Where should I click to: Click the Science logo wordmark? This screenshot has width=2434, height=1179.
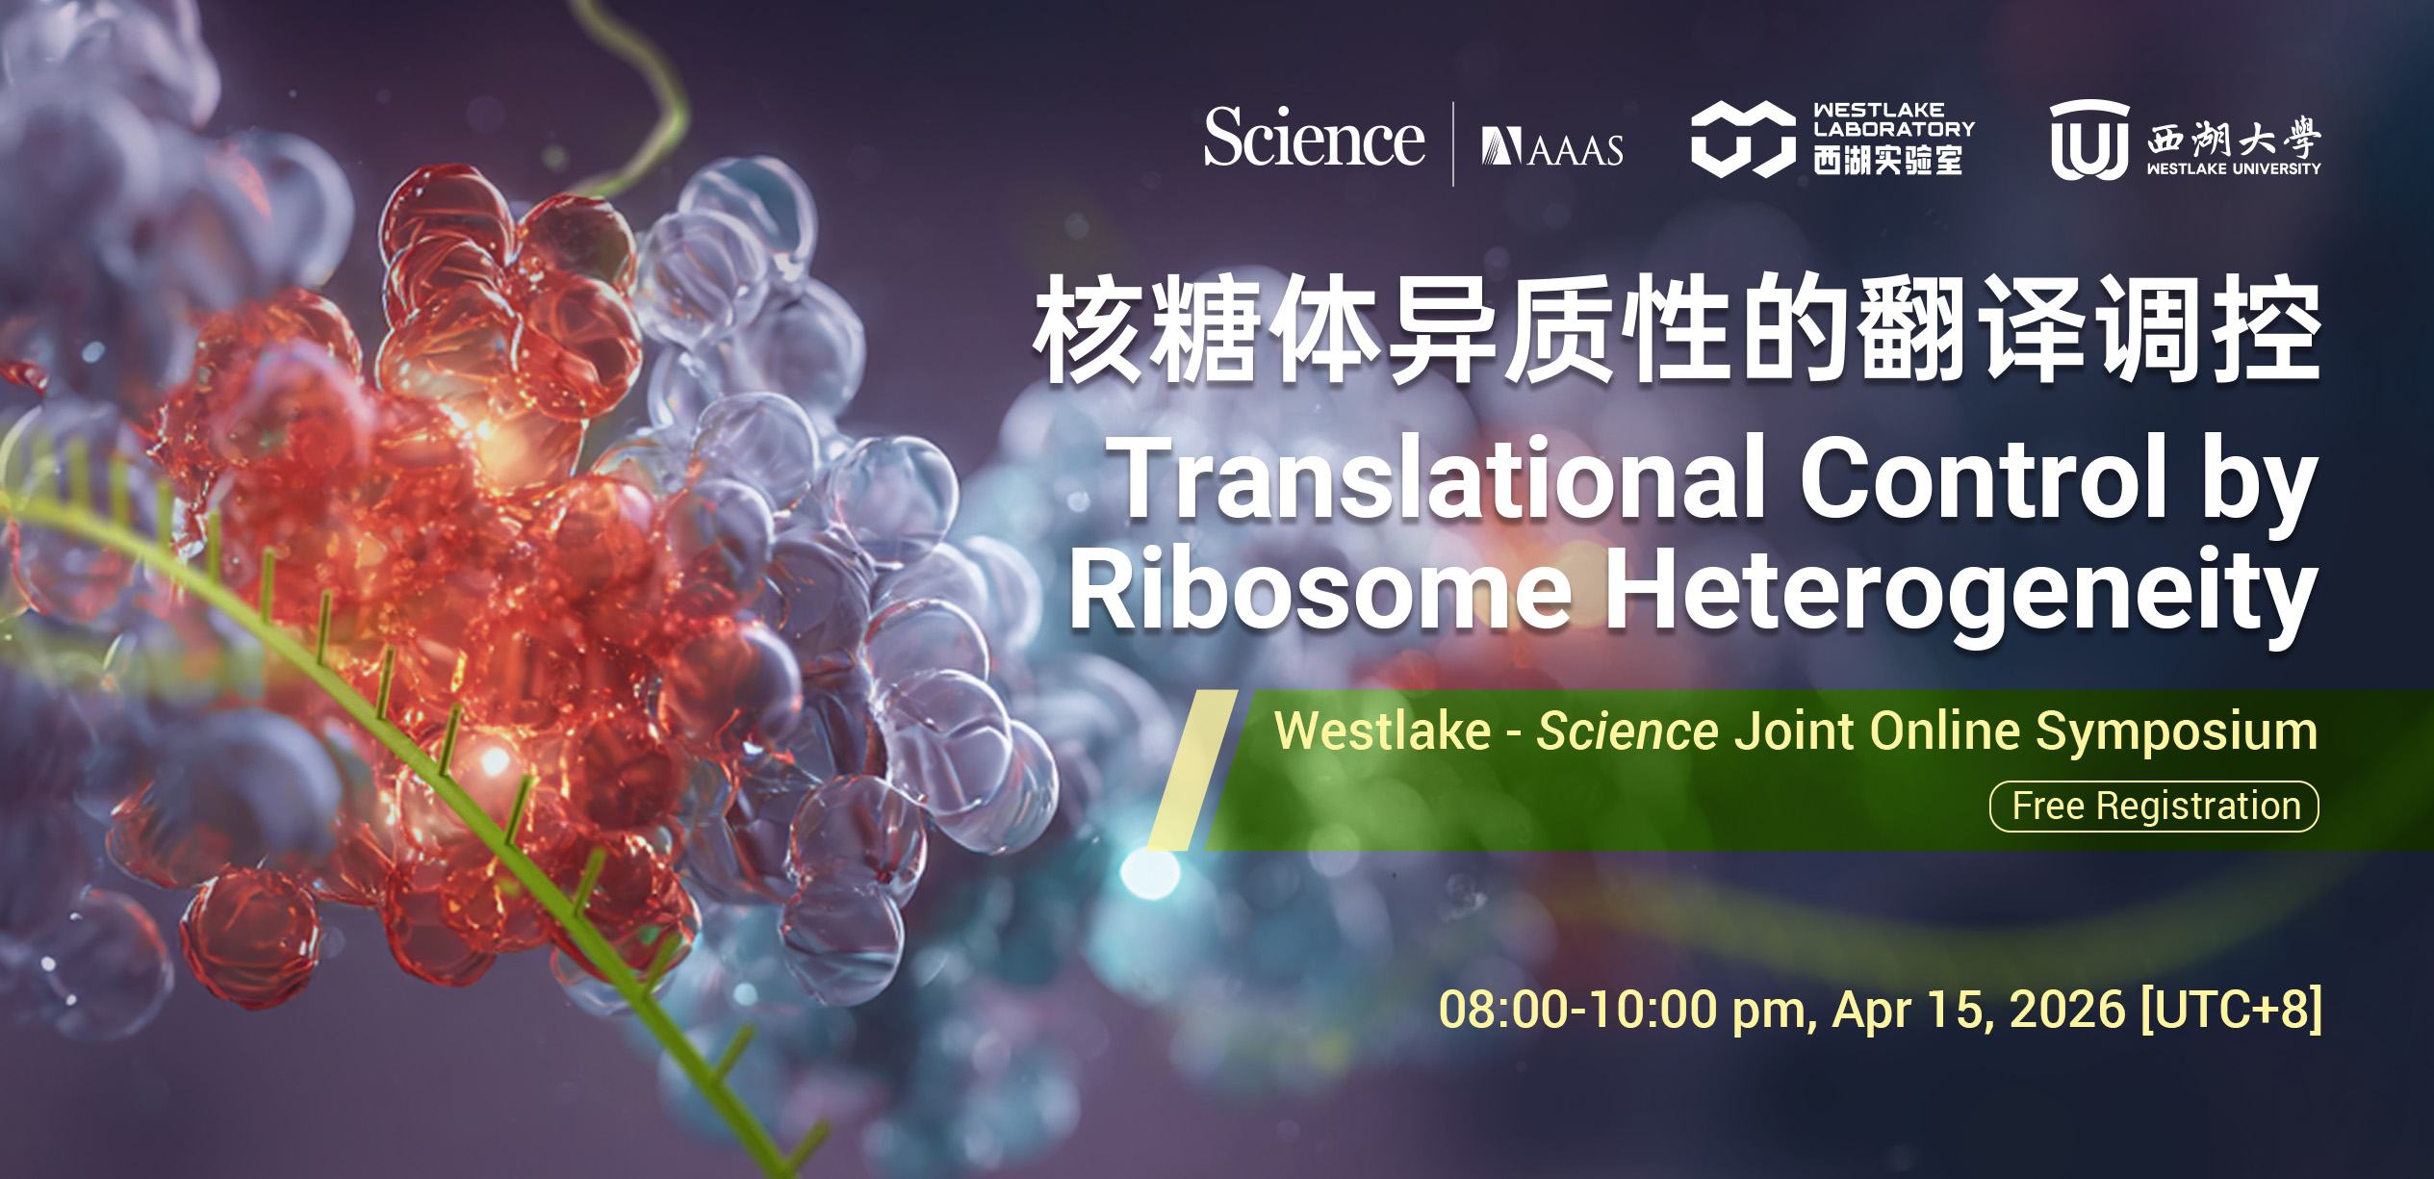click(x=1314, y=139)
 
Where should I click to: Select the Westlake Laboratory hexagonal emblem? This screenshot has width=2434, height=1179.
click(x=1743, y=141)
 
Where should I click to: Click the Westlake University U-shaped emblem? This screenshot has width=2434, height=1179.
click(x=2088, y=141)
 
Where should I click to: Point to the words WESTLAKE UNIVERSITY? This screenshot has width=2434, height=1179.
click(x=2233, y=168)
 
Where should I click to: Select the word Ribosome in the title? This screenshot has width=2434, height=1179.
click(x=1319, y=589)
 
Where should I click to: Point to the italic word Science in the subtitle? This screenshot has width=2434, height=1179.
click(x=1627, y=731)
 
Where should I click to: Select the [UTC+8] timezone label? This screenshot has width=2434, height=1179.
click(x=2232, y=1010)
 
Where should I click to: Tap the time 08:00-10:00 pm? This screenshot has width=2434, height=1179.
click(x=1627, y=1011)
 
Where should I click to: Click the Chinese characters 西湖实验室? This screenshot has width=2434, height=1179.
click(x=1887, y=160)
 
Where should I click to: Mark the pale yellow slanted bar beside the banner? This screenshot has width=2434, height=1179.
click(x=1192, y=770)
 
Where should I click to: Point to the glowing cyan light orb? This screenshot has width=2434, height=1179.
click(x=1150, y=872)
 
